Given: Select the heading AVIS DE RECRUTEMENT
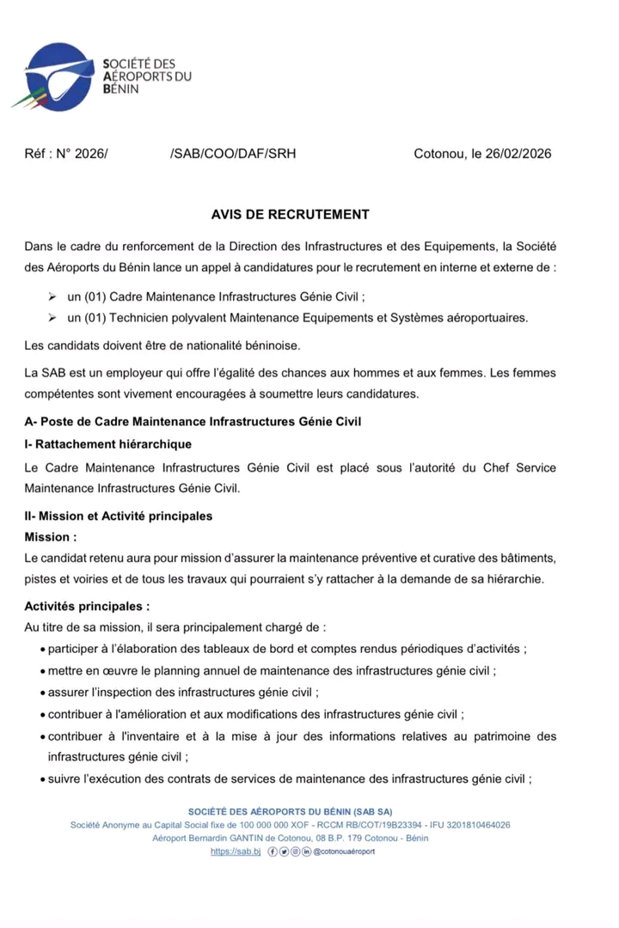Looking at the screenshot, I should pos(290,214).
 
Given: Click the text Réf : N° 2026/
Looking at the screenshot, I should pos(66,155).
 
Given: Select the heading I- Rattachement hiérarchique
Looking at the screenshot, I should pos(108,445).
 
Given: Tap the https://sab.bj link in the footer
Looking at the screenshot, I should pos(235,852).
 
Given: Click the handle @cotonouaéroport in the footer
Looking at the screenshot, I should pos(344,852).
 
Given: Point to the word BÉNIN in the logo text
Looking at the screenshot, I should pos(120,89).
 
